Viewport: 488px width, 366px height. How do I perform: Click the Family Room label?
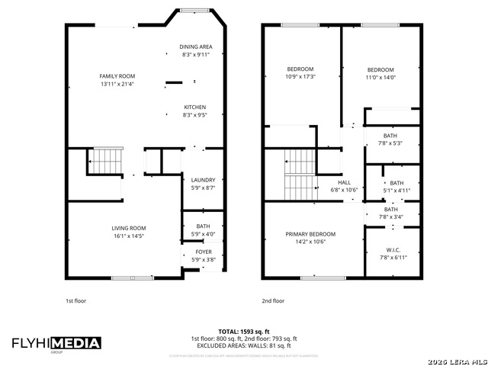point(117,76)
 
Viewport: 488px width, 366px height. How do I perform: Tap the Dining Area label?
point(196,47)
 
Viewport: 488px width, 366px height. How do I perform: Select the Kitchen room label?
point(195,107)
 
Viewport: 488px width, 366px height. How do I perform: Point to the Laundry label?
point(202,180)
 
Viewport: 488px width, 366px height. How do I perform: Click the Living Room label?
point(129,228)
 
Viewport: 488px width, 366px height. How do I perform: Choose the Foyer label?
point(204,252)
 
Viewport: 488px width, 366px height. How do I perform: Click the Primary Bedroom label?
point(310,234)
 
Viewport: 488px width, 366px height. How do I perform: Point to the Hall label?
point(344,182)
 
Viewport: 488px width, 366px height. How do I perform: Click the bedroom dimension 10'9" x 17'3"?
point(300,76)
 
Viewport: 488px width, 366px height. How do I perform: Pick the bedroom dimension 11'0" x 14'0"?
point(380,76)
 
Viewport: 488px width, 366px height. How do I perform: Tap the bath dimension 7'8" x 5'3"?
point(390,143)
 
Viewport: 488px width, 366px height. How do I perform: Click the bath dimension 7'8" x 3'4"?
point(390,217)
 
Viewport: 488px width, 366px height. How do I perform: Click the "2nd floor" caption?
point(273,300)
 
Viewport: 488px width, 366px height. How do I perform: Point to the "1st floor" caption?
point(75,300)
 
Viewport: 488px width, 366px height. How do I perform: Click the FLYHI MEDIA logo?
point(56,343)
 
